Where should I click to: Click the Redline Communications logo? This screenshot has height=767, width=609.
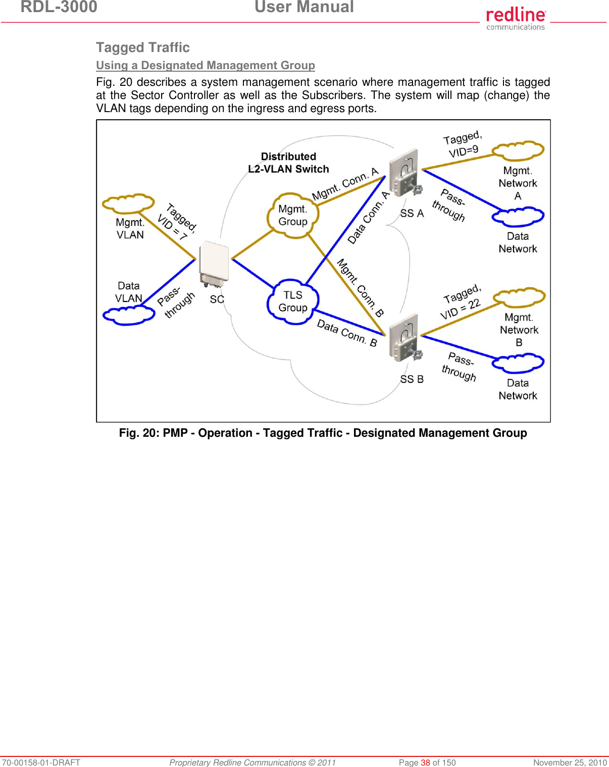[x=516, y=18]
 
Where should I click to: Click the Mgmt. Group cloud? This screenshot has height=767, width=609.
[x=293, y=216]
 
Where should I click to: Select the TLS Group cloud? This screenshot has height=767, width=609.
[x=293, y=301]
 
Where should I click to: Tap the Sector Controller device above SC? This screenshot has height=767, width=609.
[x=214, y=263]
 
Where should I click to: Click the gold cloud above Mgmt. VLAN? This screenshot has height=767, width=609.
[x=128, y=203]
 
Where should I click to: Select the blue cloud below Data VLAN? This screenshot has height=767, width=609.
[x=128, y=315]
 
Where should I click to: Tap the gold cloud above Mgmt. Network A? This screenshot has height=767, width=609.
[x=518, y=150]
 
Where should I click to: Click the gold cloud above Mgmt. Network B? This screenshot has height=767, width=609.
[x=519, y=297]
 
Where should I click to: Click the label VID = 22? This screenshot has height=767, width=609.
[x=460, y=309]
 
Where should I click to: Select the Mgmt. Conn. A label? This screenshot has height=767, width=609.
[x=345, y=184]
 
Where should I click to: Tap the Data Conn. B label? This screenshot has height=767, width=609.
[x=347, y=333]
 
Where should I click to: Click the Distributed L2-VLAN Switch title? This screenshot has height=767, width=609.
[x=288, y=163]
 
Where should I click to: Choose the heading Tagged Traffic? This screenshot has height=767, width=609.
[x=143, y=47]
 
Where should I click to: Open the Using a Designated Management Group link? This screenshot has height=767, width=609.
[x=206, y=66]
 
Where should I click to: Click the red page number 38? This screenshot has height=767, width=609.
[x=425, y=762]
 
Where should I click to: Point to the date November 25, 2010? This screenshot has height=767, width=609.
[x=570, y=762]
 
